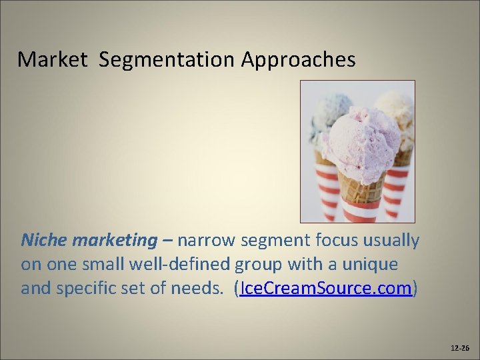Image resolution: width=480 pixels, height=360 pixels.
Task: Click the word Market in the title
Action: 52,59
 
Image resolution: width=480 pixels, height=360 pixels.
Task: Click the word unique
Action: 373,265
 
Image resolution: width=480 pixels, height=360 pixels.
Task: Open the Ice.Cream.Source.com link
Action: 326,289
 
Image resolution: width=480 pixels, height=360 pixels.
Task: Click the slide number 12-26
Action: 460,348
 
